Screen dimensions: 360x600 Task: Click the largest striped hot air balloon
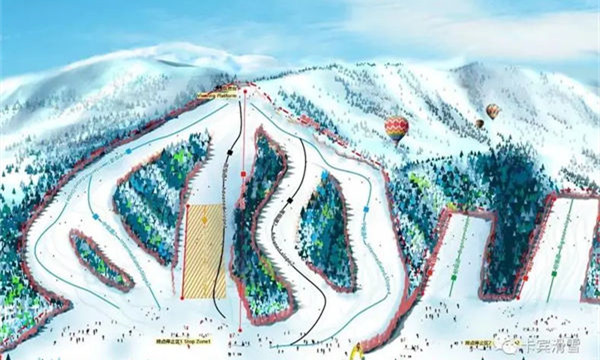click(397, 128)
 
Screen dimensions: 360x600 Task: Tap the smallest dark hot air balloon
click(479, 124)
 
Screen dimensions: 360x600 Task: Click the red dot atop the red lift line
click(243, 91)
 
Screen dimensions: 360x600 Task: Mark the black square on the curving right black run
click(289, 200)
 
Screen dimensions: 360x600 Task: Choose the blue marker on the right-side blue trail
click(366, 209)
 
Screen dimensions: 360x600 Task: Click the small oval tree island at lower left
click(99, 258)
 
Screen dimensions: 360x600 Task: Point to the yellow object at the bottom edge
click(357, 352)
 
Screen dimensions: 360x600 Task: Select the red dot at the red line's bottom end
click(242, 328)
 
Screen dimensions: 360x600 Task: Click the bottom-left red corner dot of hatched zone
click(183, 297)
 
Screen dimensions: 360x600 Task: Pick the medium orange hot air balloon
click(493, 110)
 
